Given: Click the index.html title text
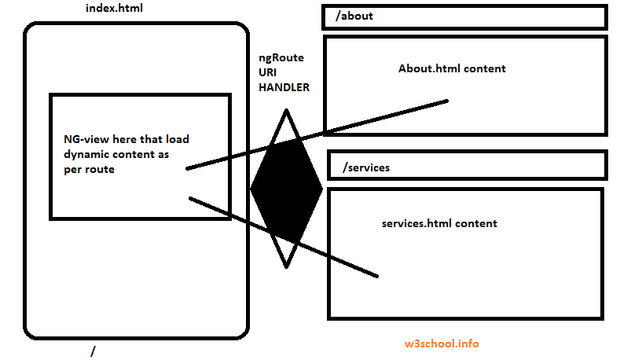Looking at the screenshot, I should pos(114,8).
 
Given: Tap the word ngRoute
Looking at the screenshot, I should pos(281,58).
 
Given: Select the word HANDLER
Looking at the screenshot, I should pos(284,87).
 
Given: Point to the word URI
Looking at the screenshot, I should pos(268,73).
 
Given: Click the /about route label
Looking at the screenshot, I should pos(354,16).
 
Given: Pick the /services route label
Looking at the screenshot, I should pos(366,167).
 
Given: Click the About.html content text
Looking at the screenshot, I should pos(452,68).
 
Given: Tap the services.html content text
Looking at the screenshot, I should pos(439,223).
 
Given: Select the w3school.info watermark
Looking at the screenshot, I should pos(441,343).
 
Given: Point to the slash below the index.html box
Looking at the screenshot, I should pos(93,352).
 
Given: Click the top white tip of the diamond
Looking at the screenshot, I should pos(286,122).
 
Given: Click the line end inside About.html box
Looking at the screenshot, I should pos(446,101).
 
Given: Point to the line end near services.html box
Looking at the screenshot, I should pos(376,275).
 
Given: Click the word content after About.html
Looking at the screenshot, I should pos(485,68).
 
